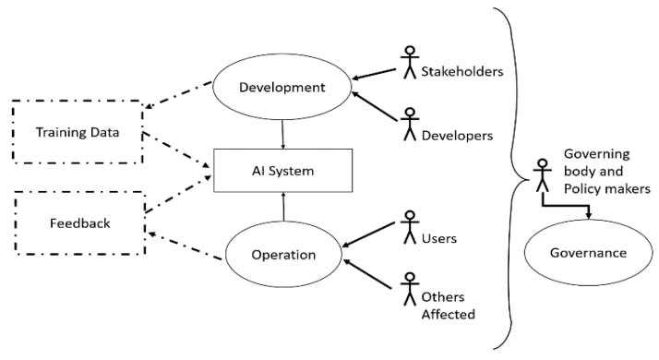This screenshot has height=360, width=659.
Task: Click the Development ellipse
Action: pyautogui.click(x=281, y=88)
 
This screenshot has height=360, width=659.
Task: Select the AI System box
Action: pyautogui.click(x=283, y=170)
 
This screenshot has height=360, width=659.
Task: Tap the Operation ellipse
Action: pyautogui.click(x=283, y=255)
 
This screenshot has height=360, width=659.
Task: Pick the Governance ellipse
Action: pyautogui.click(x=588, y=252)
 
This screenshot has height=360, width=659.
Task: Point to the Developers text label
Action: pyautogui.click(x=456, y=136)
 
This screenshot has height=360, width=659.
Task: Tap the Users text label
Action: pyautogui.click(x=439, y=239)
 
